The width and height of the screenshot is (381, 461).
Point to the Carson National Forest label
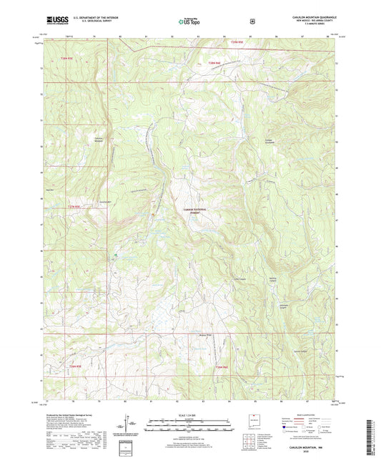point(191,211)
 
